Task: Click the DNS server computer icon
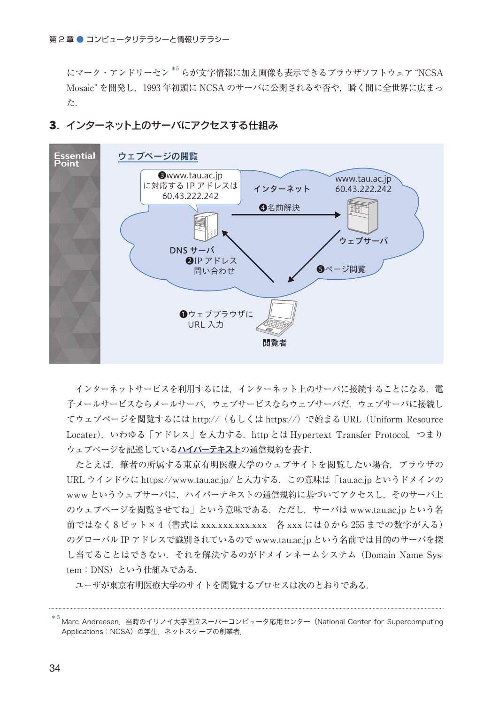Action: tap(206, 227)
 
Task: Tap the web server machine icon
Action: tap(362, 216)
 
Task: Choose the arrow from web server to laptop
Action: tap(314, 256)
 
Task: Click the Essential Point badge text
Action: tap(74, 160)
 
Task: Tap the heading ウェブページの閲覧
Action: tap(158, 156)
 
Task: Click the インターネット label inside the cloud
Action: tap(282, 189)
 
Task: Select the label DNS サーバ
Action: tap(192, 251)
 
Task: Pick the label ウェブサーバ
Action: tap(363, 241)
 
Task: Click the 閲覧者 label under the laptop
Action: tap(275, 343)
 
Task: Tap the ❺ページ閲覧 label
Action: tap(341, 269)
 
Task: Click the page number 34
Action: tap(55, 668)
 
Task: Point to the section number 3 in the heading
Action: tap(53, 126)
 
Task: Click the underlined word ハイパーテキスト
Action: tap(209, 450)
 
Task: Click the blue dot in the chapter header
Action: tap(80, 39)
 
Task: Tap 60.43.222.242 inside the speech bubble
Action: tap(190, 196)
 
